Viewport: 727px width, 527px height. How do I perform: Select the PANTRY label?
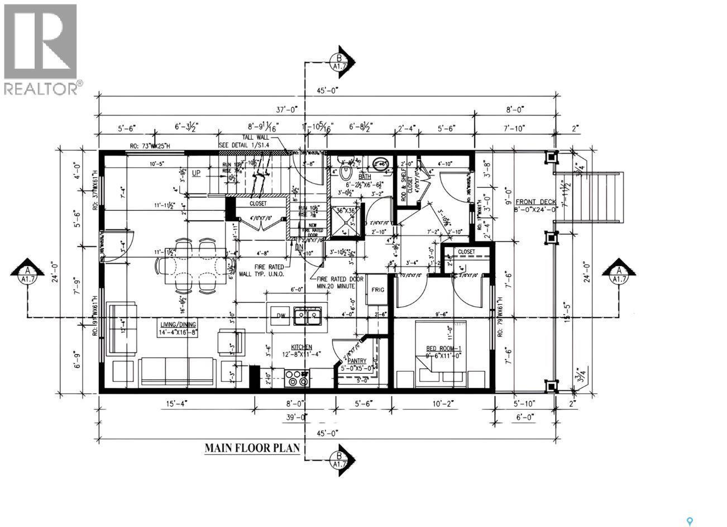point(356,361)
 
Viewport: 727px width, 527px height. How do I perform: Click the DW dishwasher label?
point(281,316)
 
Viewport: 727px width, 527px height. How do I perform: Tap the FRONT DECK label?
point(534,202)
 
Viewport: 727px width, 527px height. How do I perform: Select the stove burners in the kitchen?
point(296,378)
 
